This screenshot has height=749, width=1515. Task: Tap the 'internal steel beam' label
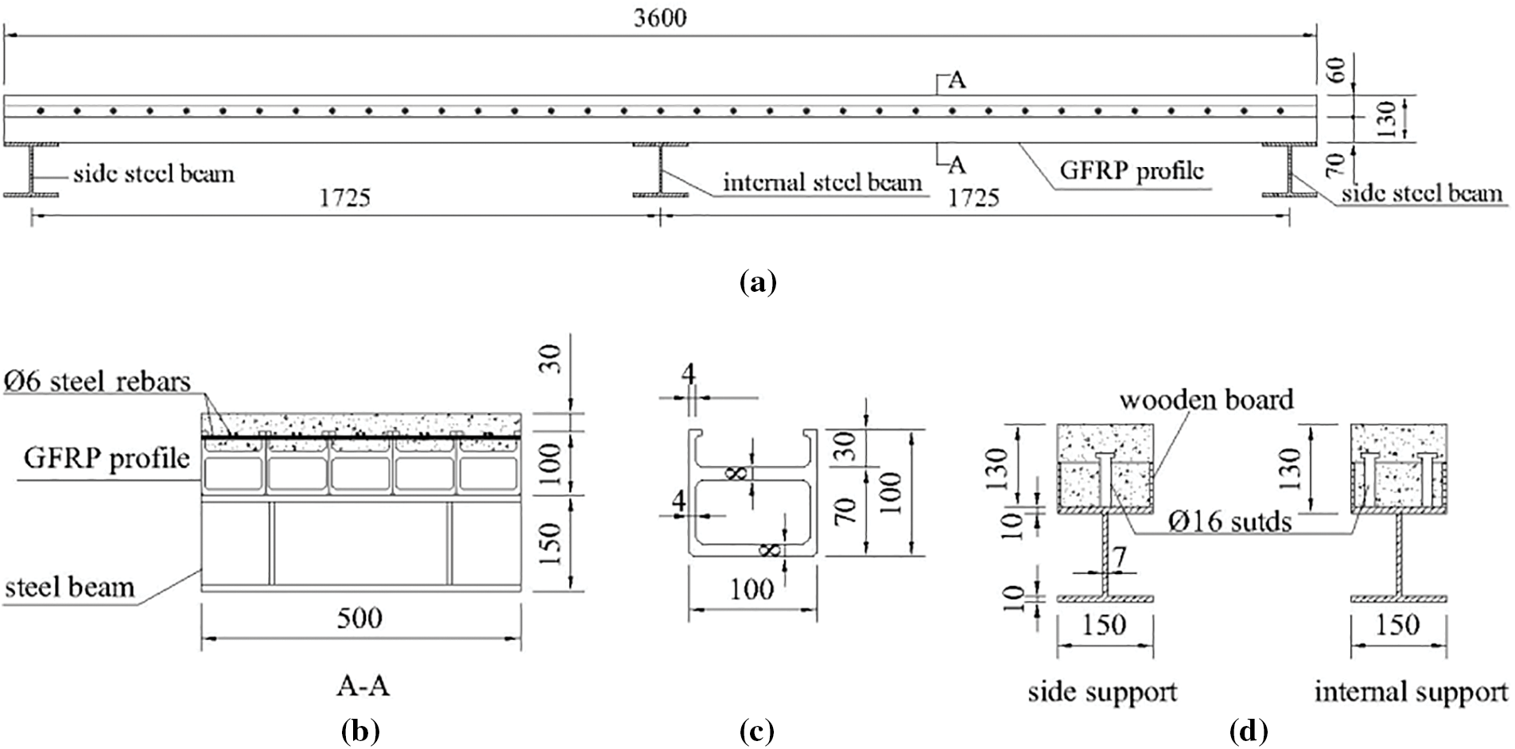[x=822, y=183]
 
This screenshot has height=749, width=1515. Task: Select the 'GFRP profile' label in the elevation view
[x=1132, y=170]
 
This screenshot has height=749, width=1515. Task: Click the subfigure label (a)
[x=757, y=282]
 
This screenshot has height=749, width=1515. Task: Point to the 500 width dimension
[x=359, y=619]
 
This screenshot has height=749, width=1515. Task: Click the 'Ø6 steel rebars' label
[x=97, y=382]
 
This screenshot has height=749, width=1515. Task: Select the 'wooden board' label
[x=1206, y=399]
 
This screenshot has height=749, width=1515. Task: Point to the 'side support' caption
[x=1102, y=692]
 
